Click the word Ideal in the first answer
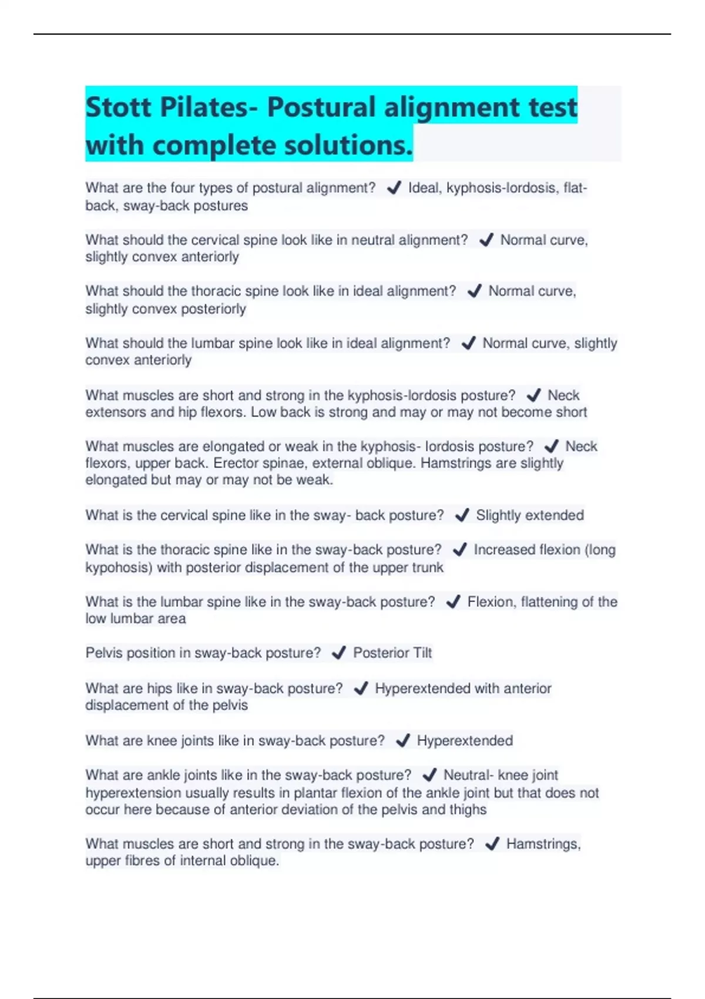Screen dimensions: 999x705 point(424,188)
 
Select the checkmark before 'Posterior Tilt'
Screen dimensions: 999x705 point(339,653)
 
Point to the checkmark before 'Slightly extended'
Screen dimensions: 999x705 point(462,515)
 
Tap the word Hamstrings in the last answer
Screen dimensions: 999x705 point(543,844)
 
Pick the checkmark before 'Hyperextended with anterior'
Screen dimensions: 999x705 point(361,688)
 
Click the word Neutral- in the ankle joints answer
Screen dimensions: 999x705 point(468,775)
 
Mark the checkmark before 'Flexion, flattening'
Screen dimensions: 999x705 point(453,602)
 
